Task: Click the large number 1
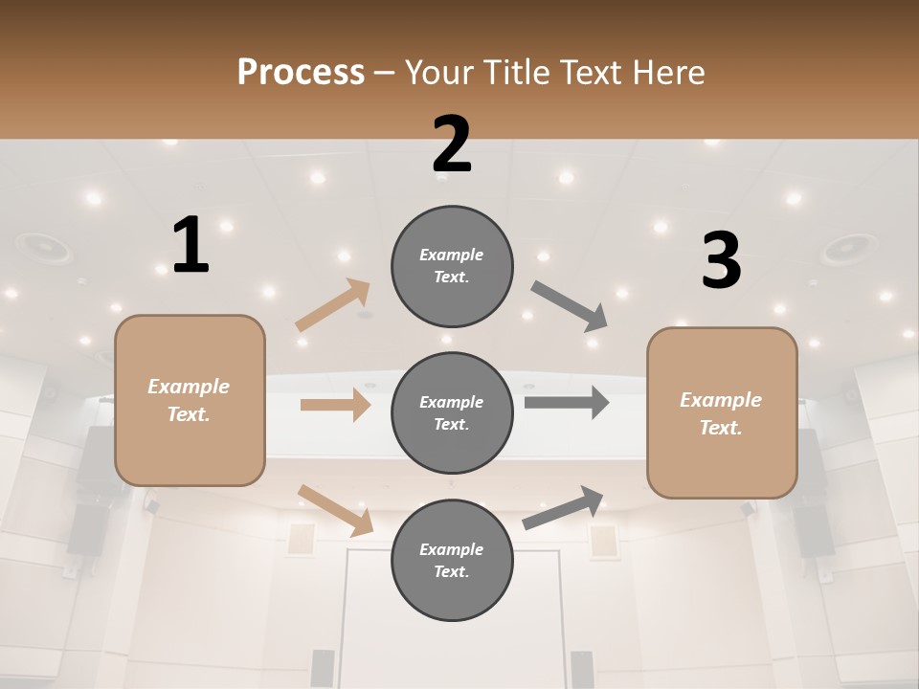[191, 246]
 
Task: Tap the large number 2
[452, 144]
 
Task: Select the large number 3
[721, 261]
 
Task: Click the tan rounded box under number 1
[190, 400]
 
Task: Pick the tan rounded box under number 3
[722, 412]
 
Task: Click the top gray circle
[452, 266]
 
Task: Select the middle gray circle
[452, 412]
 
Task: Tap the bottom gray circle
[452, 560]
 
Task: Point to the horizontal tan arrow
[335, 405]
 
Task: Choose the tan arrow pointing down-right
[335, 509]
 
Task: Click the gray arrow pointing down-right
[570, 306]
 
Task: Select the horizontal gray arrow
[567, 402]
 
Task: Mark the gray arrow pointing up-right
[564, 507]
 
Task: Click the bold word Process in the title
[301, 72]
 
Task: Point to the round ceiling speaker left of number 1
[43, 249]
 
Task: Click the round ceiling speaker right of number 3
[845, 251]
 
